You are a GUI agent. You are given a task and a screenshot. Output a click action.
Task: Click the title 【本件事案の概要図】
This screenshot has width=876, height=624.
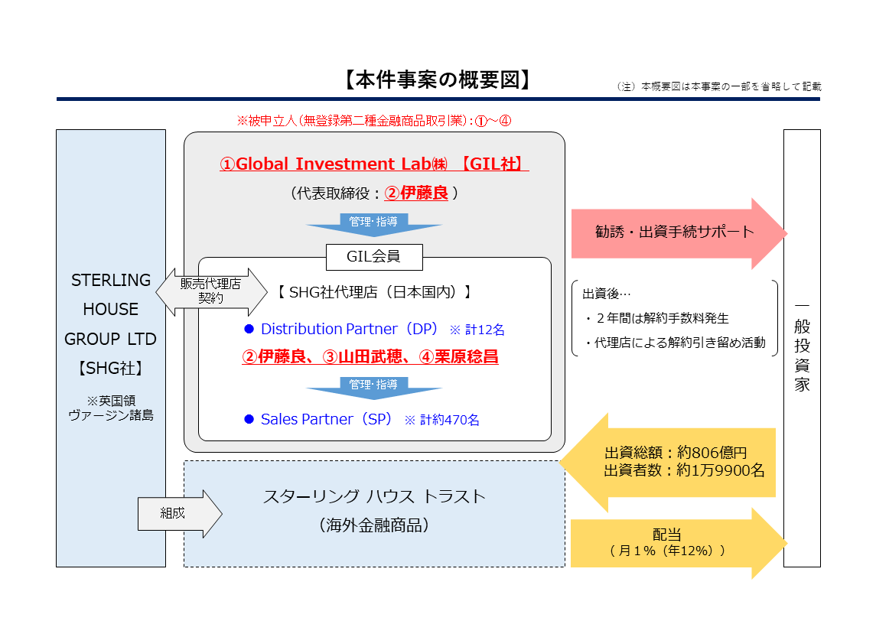point(438,80)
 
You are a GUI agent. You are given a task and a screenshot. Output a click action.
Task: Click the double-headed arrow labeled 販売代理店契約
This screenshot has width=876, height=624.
point(210,291)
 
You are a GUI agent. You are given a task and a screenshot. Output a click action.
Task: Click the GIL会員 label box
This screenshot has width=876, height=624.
point(373,257)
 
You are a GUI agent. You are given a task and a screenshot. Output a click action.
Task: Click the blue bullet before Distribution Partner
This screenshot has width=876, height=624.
point(248,330)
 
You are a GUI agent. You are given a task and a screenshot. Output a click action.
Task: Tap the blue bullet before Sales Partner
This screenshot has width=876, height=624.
point(248,419)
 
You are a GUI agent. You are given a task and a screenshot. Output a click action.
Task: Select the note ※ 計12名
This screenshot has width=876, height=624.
point(477,330)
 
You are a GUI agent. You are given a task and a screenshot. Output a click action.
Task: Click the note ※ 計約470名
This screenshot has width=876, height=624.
point(441,420)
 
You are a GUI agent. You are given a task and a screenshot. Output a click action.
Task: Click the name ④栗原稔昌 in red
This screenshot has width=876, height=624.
point(458,356)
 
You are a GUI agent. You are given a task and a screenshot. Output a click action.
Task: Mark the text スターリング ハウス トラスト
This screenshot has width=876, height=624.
point(374,496)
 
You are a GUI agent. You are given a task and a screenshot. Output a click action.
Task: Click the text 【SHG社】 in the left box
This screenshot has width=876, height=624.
point(111,368)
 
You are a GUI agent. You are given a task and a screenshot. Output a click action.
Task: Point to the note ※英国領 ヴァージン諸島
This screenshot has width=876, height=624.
point(111,407)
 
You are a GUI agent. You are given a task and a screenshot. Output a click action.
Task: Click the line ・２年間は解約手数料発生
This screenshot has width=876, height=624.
point(656,318)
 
